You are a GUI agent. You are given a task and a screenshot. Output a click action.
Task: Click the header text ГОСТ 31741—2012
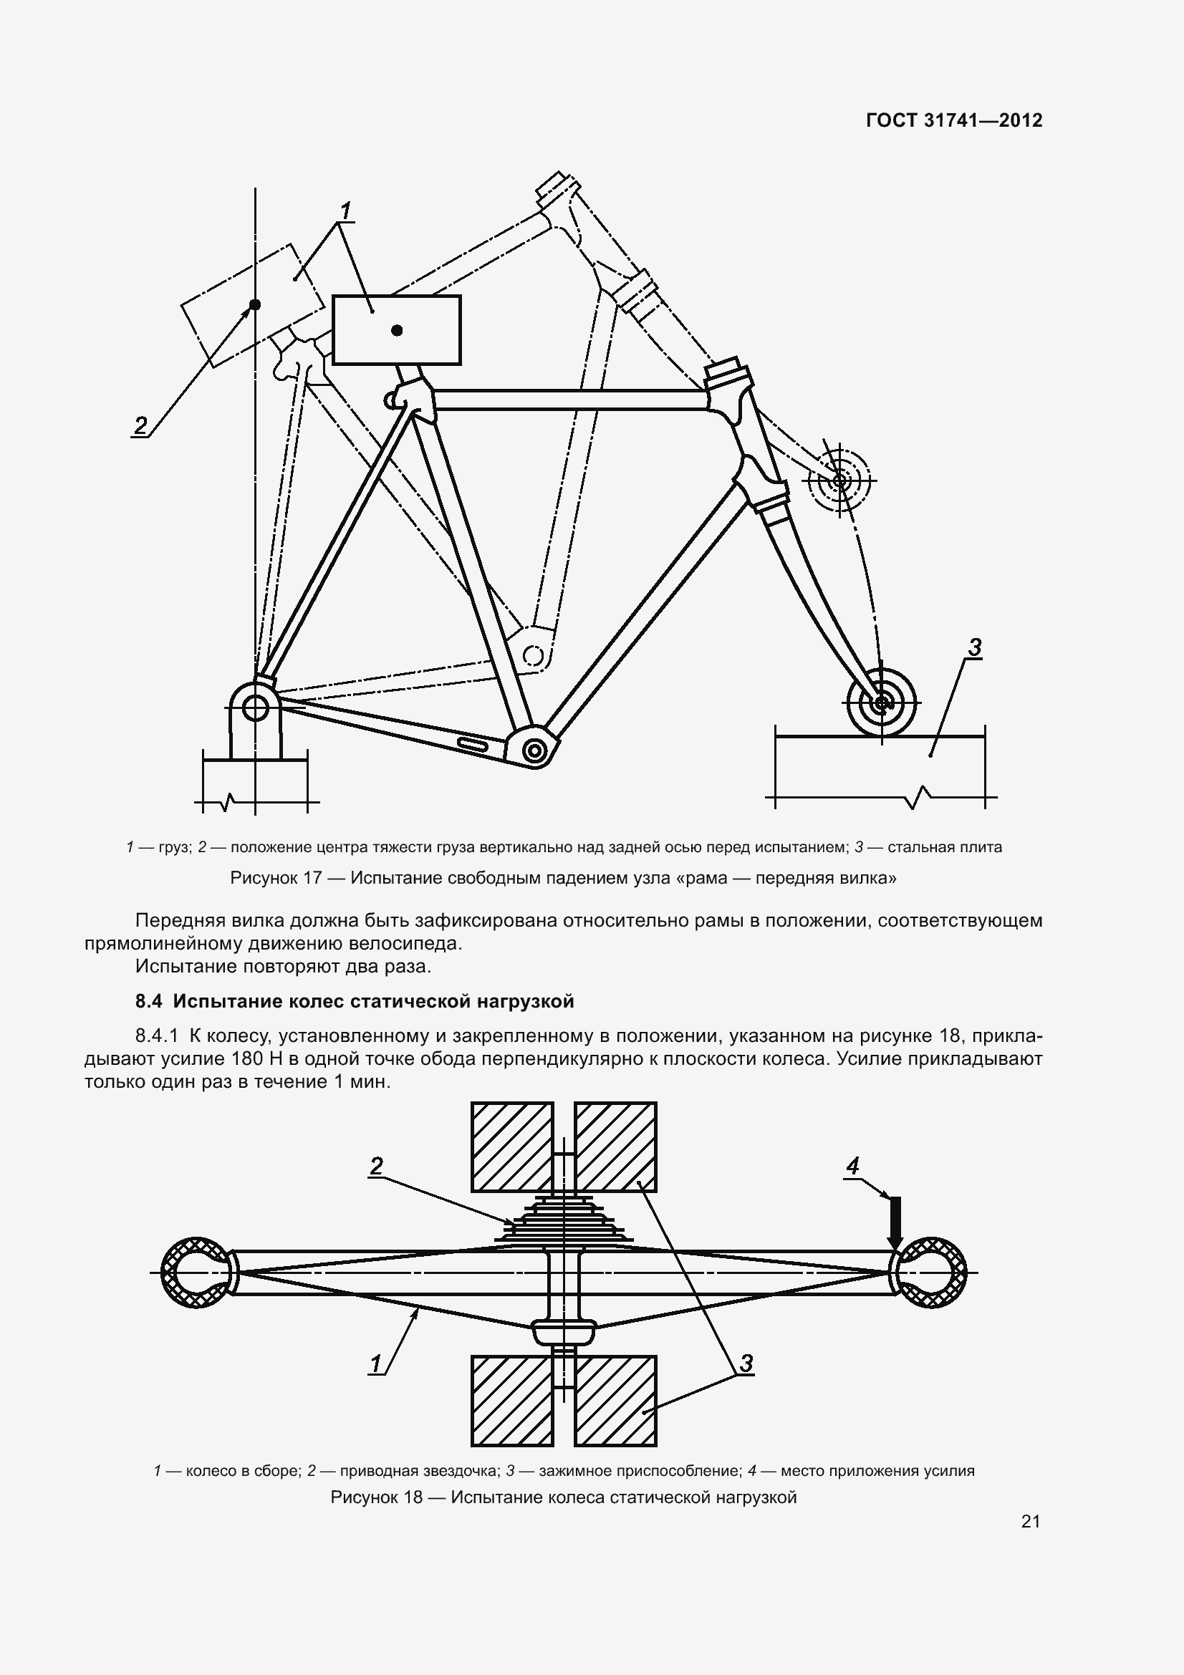click(954, 120)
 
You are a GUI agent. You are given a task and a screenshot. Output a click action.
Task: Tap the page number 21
click(1030, 1521)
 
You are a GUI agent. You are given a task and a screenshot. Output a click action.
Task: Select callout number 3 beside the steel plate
click(974, 647)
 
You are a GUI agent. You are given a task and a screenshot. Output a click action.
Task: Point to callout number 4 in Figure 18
click(852, 1165)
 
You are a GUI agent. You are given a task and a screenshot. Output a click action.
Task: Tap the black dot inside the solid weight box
click(397, 330)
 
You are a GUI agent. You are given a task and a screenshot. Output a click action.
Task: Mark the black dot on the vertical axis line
click(255, 304)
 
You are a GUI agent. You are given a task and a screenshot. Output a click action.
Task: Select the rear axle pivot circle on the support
click(255, 706)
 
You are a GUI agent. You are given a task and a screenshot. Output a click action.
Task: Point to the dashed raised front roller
click(839, 480)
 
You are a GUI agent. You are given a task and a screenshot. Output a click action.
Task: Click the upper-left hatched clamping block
click(511, 1146)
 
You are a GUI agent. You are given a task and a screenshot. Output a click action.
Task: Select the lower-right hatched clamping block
click(615, 1400)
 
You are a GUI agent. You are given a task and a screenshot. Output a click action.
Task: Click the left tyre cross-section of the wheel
click(196, 1273)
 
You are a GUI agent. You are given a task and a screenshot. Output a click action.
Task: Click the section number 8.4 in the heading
click(149, 1002)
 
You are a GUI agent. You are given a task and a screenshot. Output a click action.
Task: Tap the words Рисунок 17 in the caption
click(276, 878)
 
